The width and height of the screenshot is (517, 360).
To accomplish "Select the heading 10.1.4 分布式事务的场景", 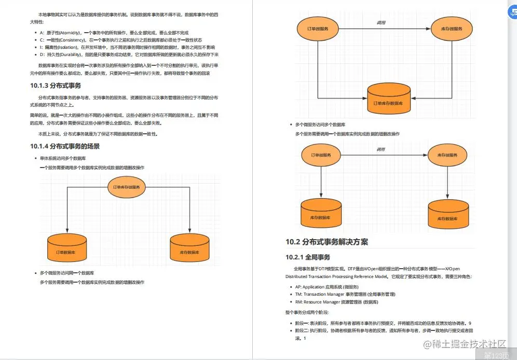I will coord(65,146).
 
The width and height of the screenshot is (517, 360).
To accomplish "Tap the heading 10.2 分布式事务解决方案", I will coord(326,242).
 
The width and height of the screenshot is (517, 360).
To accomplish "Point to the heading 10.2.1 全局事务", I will coord(308,257).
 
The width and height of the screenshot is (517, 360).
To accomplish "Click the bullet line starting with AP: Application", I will coord(326,287).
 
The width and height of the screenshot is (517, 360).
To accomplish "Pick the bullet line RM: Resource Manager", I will coord(336,301).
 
